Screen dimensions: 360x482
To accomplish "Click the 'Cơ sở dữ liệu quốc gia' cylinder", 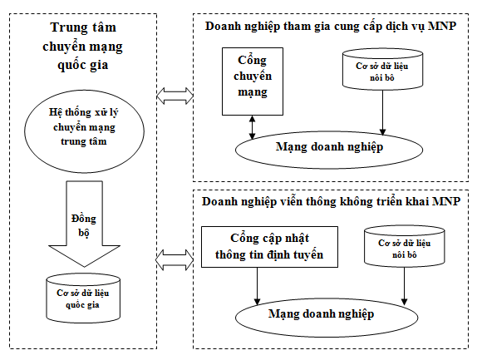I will point(81,298).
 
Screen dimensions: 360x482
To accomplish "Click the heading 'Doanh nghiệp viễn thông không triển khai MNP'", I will point(331,202).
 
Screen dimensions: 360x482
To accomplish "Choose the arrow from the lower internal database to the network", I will point(404,287).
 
